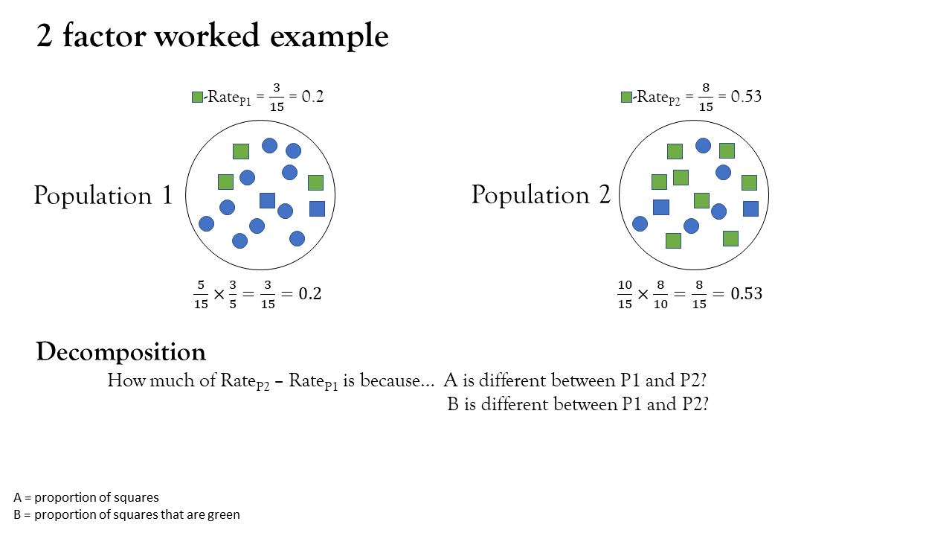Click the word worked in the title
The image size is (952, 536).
pos(207,36)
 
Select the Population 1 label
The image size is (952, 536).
pos(103,196)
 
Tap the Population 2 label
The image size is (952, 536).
pos(541,195)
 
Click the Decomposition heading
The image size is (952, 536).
pos(121,352)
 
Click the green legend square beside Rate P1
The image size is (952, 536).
pos(197,97)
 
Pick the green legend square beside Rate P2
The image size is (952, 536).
pos(626,97)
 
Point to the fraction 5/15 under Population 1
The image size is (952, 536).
pos(201,294)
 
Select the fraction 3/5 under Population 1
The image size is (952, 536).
pos(233,294)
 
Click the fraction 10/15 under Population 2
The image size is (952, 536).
pos(625,294)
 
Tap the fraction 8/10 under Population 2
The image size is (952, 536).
pos(660,294)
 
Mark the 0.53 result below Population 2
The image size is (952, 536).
pos(746,293)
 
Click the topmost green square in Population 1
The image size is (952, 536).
pos(241,151)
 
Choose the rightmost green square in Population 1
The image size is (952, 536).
pos(316,182)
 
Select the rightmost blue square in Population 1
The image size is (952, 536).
pos(317,209)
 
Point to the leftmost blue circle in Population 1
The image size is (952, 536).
pos(207,224)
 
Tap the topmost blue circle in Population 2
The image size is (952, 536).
pos(704,146)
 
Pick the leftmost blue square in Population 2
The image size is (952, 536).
pos(661,207)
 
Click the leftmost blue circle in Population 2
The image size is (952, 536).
pos(640,224)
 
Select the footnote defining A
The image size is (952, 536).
pos(86,497)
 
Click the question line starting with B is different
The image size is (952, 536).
pos(578,404)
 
